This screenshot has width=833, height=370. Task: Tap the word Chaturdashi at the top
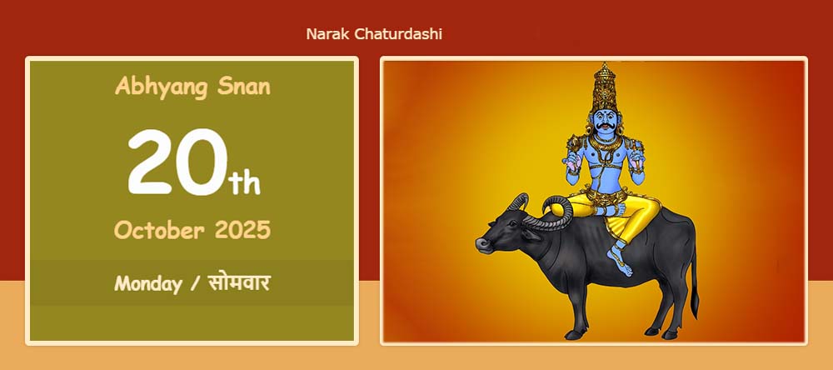pos(398,34)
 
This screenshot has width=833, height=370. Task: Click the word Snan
pos(244,86)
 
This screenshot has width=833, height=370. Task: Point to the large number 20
pos(177,162)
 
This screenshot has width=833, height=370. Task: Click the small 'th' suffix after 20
pos(244,182)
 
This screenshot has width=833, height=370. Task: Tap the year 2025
pos(242,230)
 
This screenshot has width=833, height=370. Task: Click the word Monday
pos(147,284)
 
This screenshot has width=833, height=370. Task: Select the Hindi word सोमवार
pos(238,282)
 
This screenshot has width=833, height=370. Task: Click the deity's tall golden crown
pos(604,87)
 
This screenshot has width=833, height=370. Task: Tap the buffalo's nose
pos(481,244)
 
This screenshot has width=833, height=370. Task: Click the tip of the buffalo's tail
pos(695,307)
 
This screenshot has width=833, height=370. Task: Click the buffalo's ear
pos(532,234)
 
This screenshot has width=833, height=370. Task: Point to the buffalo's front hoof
pos(574,335)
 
